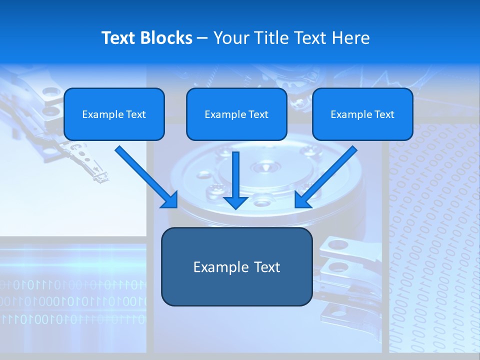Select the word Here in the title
351,38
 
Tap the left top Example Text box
114,114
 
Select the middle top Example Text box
236,114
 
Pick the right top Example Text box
362,114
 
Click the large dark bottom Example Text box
236,266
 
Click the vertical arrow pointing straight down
235,177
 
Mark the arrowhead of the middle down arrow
235,202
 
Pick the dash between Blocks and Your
202,38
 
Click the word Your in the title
229,38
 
